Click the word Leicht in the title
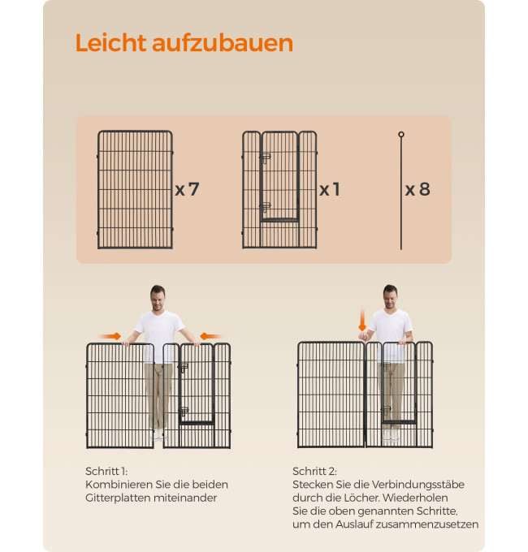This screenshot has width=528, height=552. pos(110,43)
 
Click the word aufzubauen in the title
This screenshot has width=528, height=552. pos(223,44)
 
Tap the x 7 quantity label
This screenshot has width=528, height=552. pos(187,189)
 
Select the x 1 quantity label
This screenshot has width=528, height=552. pos(330,189)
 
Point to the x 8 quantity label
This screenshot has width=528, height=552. pos(418,189)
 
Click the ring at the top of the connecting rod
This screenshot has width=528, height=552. pos(401,135)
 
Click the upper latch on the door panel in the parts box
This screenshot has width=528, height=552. pos(266,158)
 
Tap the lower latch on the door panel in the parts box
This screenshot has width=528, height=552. pos(266,207)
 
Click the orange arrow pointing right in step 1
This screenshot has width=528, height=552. pos(110,336)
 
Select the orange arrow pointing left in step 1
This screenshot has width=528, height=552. pos(210,336)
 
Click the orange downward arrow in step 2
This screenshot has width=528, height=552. pos(362,320)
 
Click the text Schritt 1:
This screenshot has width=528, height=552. pos(106,471)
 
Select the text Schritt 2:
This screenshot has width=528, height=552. pos(314,471)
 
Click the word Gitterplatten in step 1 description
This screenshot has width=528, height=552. pos(118,498)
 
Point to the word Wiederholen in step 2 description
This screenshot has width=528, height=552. pos(415,498)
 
